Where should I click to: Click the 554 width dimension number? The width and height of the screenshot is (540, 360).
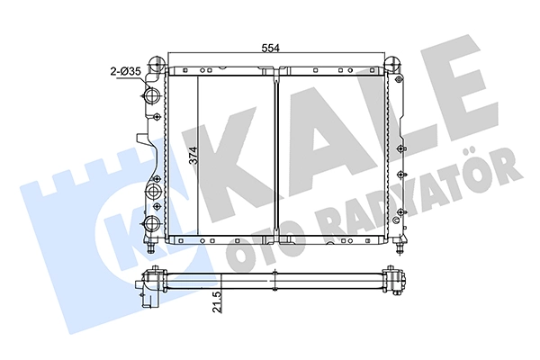(270, 49)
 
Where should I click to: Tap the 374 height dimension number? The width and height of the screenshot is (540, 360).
(193, 156)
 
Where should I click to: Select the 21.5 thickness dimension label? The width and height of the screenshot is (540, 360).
(217, 301)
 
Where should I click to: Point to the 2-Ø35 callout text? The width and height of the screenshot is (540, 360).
(125, 72)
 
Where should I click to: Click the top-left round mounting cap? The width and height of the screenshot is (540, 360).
(157, 63)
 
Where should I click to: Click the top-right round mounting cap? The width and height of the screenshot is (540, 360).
(392, 63)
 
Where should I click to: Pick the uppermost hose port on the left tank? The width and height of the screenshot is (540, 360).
(151, 94)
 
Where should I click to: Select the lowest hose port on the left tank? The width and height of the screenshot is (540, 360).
(151, 223)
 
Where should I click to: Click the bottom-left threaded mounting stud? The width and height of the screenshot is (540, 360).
(151, 247)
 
